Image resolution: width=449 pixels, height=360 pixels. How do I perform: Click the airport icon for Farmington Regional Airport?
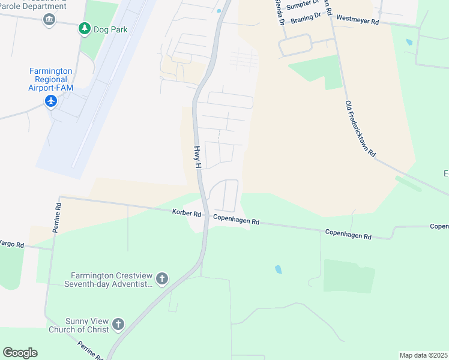click(50, 101)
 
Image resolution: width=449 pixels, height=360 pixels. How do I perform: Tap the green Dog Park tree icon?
click(85, 28)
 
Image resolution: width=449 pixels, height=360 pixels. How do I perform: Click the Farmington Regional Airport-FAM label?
click(50, 79)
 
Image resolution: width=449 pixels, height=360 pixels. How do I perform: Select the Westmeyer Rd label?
click(358, 21)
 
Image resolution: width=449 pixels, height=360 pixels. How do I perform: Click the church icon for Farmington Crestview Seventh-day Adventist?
click(161, 278)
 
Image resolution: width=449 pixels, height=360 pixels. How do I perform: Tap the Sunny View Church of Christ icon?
click(118, 325)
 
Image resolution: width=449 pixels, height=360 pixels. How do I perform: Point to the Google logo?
click(20, 353)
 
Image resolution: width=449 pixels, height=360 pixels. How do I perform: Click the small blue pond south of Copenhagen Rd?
click(278, 269)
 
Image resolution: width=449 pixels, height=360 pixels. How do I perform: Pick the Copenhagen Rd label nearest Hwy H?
click(236, 221)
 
